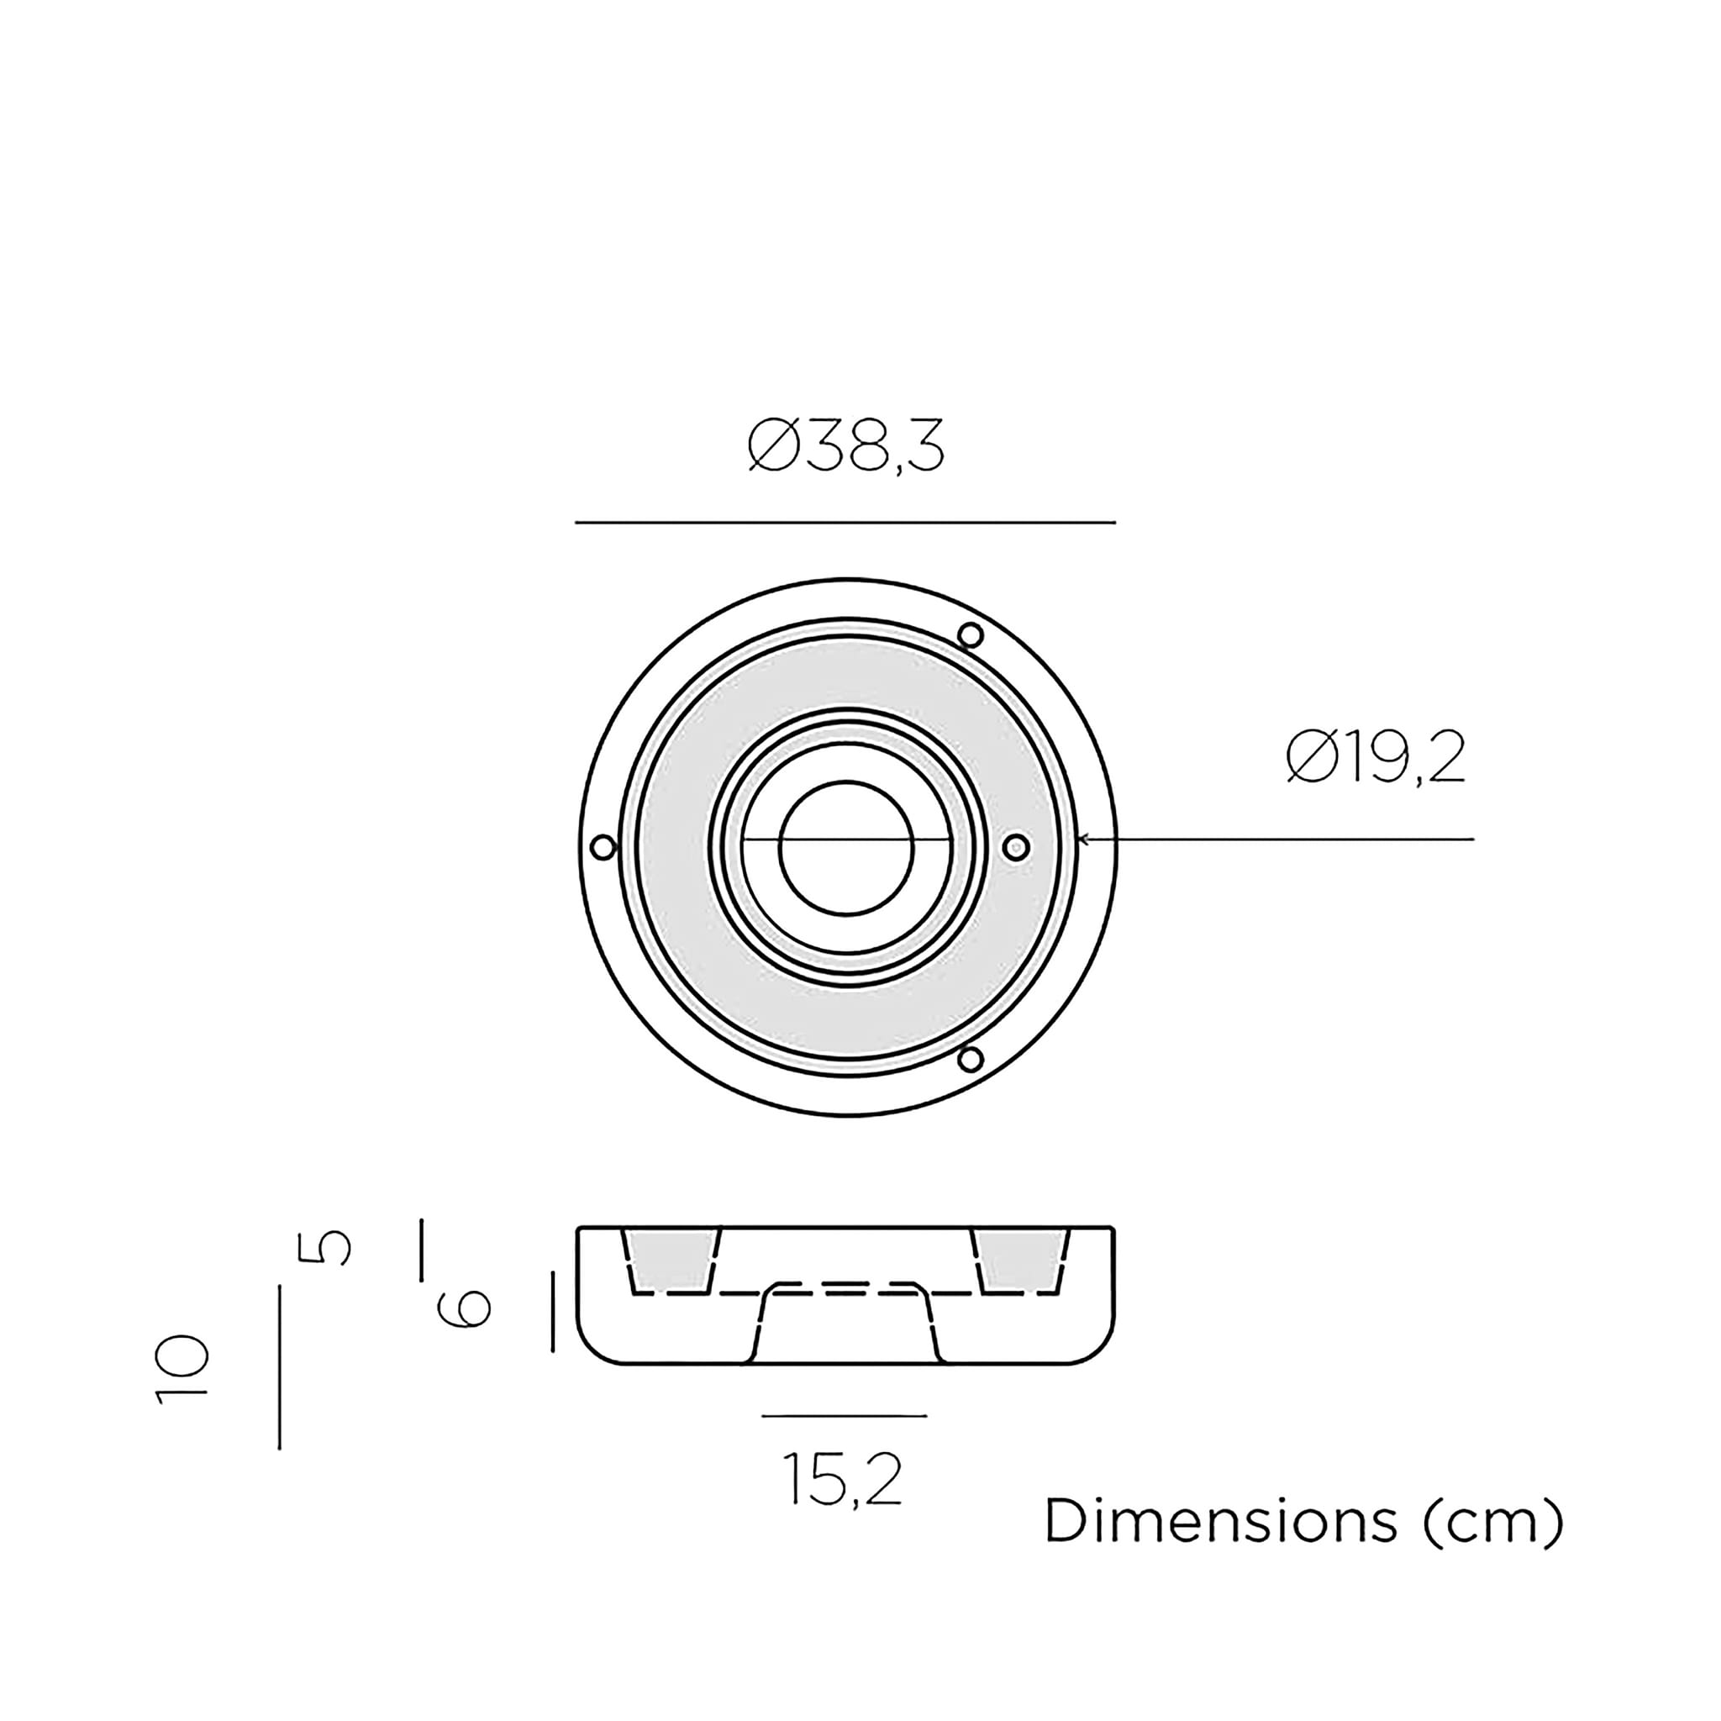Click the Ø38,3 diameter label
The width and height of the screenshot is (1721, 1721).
point(845,446)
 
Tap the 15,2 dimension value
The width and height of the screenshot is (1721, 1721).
point(843,1480)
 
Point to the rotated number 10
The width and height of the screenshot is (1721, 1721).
point(182,1370)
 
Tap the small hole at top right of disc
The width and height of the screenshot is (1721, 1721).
point(971,636)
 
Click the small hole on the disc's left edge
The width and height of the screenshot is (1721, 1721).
point(603,847)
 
